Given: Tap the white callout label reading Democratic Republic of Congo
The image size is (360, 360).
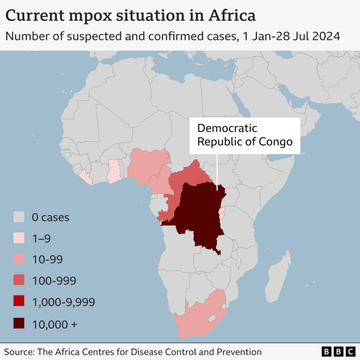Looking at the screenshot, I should pyautogui.click(x=245, y=135).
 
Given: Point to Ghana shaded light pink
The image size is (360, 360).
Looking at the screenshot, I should pyautogui.click(x=114, y=171).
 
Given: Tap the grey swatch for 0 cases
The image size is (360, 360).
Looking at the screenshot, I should pyautogui.click(x=18, y=218).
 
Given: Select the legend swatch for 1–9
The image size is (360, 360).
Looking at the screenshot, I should pyautogui.click(x=18, y=239).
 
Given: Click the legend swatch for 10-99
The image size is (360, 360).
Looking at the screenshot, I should pyautogui.click(x=18, y=260).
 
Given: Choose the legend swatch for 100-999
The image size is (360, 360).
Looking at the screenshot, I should pyautogui.click(x=18, y=281).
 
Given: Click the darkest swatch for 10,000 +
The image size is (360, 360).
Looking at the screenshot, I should pyautogui.click(x=18, y=323).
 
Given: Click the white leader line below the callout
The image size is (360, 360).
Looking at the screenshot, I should pyautogui.click(x=217, y=171).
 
